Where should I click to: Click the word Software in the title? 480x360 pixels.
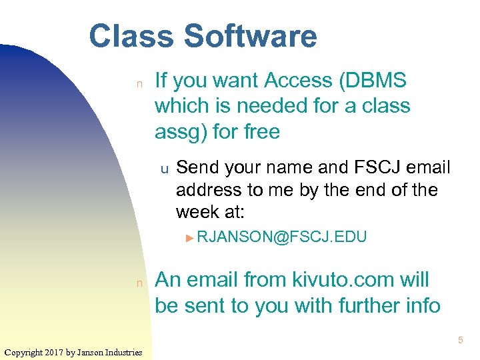[251, 36]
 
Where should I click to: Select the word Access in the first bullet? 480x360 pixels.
[298, 81]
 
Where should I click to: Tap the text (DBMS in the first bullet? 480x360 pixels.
[373, 81]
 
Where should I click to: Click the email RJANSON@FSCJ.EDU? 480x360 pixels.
[282, 237]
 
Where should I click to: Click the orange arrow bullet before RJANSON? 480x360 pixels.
[190, 237]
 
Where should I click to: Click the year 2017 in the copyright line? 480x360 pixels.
[55, 352]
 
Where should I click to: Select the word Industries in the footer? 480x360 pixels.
[122, 352]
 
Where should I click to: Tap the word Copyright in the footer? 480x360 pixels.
[23, 352]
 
